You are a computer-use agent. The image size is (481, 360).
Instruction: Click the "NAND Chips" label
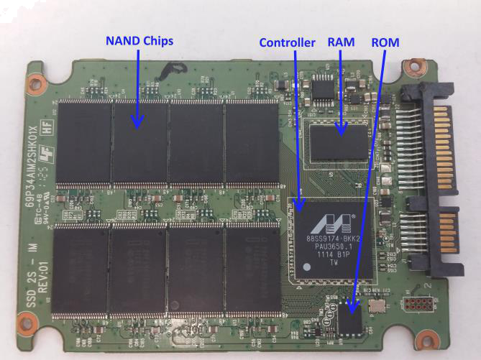pos(139,42)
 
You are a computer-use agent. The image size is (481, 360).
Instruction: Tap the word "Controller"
pos(287,43)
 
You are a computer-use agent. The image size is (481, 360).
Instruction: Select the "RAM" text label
pos(341,42)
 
